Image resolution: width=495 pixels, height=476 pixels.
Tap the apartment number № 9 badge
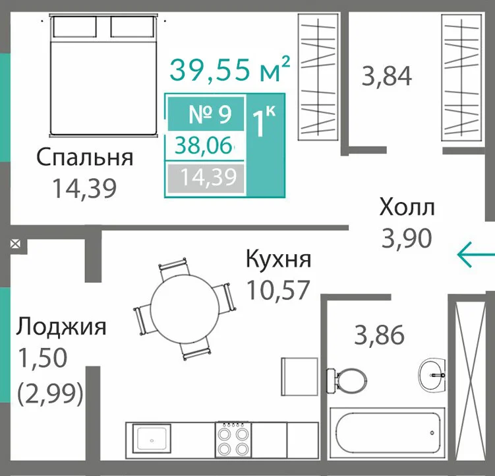point(206,114)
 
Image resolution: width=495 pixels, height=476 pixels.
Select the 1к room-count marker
point(264,121)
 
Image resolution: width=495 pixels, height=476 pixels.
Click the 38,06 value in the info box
point(204,145)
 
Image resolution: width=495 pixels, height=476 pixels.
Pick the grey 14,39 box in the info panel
point(206,178)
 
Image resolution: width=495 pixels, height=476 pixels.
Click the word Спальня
point(84,157)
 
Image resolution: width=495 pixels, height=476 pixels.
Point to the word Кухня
point(278,259)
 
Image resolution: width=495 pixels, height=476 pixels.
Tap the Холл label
point(407,207)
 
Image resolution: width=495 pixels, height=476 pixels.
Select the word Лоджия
point(61,327)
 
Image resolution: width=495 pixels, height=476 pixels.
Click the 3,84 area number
point(387,76)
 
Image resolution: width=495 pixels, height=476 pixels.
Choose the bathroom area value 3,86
point(379,335)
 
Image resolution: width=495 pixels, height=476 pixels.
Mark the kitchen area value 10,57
point(277,290)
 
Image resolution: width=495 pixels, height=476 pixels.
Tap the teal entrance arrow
point(476,254)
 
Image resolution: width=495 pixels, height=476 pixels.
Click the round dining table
point(185,310)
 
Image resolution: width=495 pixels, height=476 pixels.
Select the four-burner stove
point(233,440)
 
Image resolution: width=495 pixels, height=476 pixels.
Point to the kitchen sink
point(152,439)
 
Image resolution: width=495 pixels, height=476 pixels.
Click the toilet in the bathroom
point(347,380)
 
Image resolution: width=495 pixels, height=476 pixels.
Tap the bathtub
point(388,432)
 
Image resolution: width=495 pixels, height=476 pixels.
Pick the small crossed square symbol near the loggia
point(15,244)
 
